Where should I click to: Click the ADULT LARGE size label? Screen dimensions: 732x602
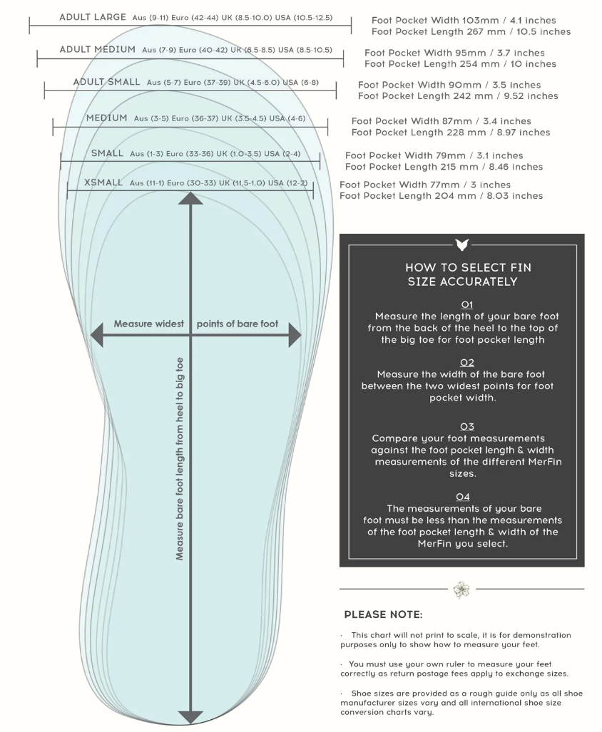tap(93, 16)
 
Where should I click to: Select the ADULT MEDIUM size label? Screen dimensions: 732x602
tap(97, 49)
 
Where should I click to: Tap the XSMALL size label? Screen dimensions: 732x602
tap(103, 182)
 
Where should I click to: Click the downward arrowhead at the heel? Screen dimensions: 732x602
tap(190, 716)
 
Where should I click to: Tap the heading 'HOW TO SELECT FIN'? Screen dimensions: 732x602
tap(468, 268)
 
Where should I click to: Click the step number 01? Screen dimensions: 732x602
tap(467, 304)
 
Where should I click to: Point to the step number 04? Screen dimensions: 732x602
tap(463, 496)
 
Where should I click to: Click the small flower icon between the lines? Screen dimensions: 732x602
tap(461, 589)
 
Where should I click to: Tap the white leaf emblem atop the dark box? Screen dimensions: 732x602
tap(461, 244)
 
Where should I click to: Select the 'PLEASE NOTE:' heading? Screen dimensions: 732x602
tap(383, 614)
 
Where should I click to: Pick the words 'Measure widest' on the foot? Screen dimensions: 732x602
tap(148, 324)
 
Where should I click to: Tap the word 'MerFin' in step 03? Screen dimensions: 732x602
tap(531, 462)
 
